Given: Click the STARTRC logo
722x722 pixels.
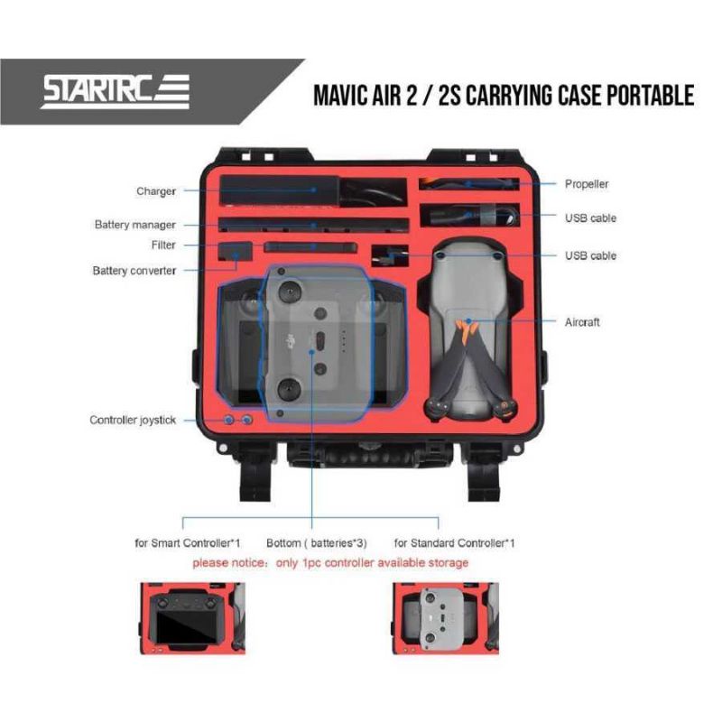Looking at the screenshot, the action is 116,92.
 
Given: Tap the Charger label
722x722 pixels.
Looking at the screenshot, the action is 156,191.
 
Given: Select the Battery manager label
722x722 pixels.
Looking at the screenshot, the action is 135,225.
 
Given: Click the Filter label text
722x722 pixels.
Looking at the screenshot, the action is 163,245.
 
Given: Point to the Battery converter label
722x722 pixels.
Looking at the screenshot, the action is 134,271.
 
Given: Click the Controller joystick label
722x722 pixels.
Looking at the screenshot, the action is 133,421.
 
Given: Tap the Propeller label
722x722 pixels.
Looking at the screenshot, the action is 587,184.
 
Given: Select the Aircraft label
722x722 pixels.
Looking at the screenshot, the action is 582,322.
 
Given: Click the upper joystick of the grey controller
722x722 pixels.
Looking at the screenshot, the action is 291,294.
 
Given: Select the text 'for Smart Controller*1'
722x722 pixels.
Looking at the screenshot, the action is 187,543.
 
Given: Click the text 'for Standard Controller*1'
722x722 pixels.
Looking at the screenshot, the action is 455,543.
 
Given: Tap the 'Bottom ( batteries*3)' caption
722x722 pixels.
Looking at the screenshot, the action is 318,543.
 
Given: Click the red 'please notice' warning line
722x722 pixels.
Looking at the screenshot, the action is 329,563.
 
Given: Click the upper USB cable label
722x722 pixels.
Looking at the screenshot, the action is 591,218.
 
